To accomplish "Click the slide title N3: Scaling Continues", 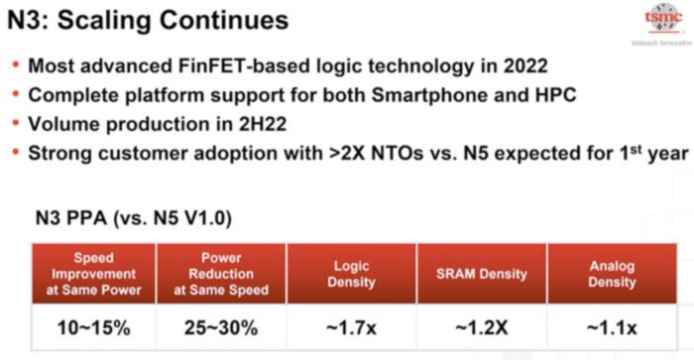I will point(149,20).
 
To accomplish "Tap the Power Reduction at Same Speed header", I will point(220,273).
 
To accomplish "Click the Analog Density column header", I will point(611,274).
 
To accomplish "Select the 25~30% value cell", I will point(220,325).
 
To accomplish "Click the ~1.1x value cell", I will point(611,325).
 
